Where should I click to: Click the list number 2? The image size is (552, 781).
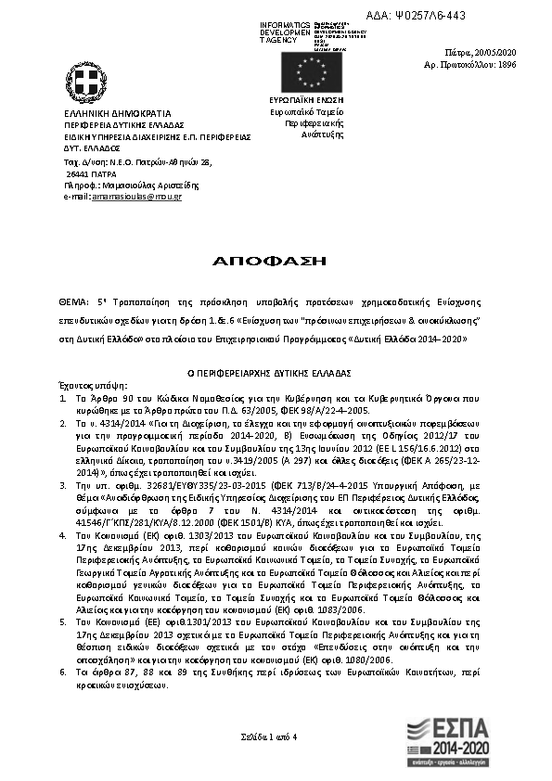[61, 422]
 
